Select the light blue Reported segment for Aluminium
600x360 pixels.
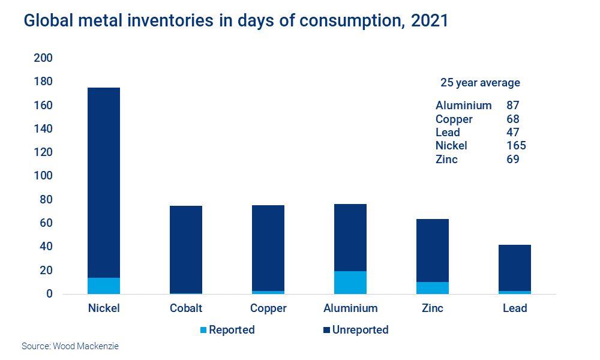point(350,283)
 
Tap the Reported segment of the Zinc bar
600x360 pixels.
point(433,288)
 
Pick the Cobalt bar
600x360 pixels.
point(186,250)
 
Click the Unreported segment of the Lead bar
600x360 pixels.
point(515,268)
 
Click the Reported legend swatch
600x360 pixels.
point(203,330)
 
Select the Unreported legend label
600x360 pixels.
point(360,330)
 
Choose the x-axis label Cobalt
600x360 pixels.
point(186,308)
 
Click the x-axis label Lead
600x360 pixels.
point(515,308)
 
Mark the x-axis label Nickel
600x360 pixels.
point(104,308)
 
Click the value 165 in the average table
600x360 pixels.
point(516,146)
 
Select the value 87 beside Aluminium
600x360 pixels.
point(513,106)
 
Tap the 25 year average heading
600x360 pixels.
point(480,83)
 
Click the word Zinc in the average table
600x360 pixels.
point(447,159)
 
